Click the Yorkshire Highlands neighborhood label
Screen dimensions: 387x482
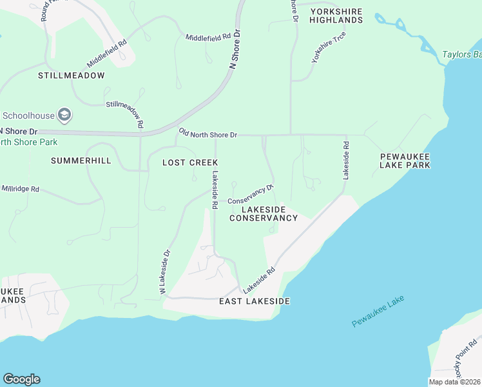click(x=336, y=16)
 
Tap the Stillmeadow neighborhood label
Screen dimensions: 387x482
click(x=71, y=75)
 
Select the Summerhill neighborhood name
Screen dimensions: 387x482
click(x=81, y=160)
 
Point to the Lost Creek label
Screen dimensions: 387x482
click(x=190, y=163)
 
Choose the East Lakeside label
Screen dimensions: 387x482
click(x=254, y=301)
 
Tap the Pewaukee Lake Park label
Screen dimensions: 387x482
click(x=405, y=161)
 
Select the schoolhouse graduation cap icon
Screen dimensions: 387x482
click(x=64, y=116)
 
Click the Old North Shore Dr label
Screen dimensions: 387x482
click(x=208, y=133)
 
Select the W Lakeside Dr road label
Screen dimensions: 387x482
click(x=165, y=273)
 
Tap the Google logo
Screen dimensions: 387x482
click(x=21, y=379)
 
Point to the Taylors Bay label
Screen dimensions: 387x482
click(x=461, y=54)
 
